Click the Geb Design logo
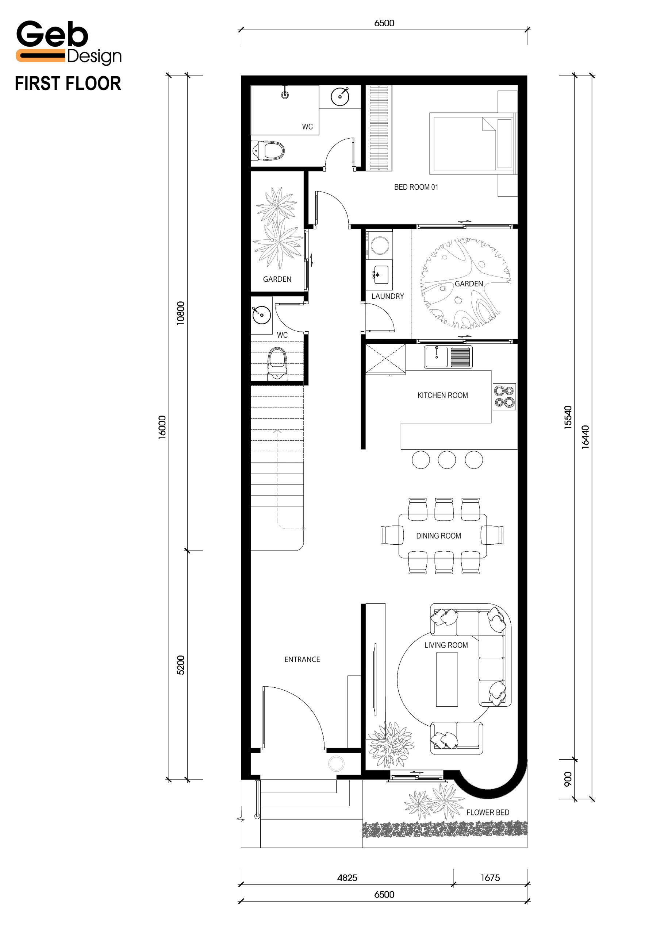(69, 43)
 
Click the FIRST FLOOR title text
(68, 84)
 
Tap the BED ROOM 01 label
(416, 187)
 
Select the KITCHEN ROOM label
(442, 395)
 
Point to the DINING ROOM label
(438, 536)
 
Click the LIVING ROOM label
(446, 645)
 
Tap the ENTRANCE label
(302, 659)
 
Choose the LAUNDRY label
(388, 296)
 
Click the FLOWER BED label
(488, 813)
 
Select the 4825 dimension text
(347, 877)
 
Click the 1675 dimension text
(490, 877)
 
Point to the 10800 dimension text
(181, 313)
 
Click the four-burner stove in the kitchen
(504, 397)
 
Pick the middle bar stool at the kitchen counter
(447, 460)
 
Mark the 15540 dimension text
(568, 417)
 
